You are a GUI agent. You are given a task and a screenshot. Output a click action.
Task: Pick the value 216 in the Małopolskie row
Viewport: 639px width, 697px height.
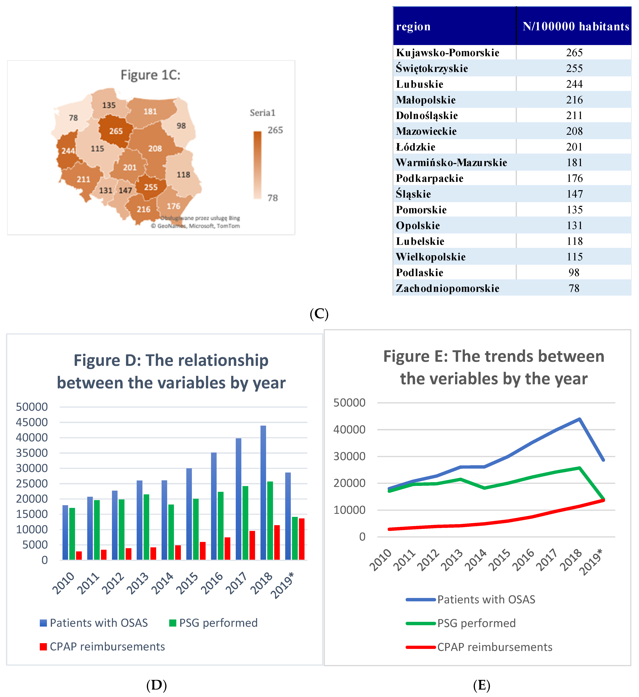pyautogui.click(x=574, y=100)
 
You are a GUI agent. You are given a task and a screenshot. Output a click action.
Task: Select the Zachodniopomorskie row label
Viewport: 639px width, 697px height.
pyautogui.click(x=447, y=288)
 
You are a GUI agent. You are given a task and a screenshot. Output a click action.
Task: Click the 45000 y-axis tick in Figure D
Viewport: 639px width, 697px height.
pyautogui.click(x=32, y=422)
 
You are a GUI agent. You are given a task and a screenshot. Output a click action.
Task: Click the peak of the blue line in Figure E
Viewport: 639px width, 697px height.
pyautogui.click(x=580, y=419)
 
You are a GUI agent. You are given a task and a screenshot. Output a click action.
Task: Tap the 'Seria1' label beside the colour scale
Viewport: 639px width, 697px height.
pyautogui.click(x=263, y=113)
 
